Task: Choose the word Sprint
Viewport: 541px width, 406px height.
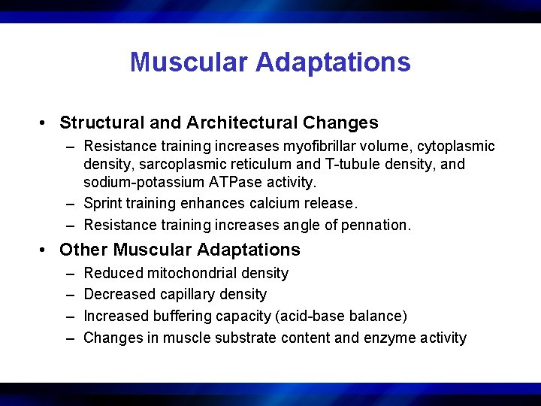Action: pos(104,203)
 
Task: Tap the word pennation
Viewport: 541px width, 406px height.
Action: pos(375,225)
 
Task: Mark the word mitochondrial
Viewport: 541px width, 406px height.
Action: pos(195,273)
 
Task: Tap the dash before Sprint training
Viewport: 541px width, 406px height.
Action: pos(69,204)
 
